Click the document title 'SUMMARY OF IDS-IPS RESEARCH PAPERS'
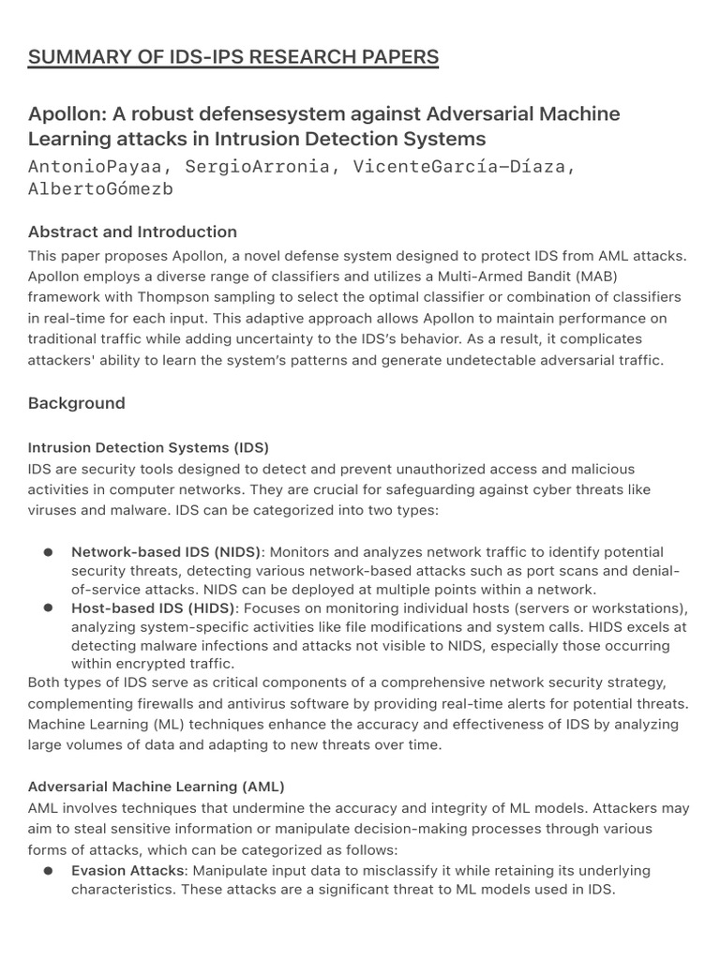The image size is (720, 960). click(x=233, y=57)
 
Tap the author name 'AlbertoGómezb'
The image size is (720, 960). click(x=100, y=189)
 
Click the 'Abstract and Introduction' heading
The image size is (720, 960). click(x=132, y=232)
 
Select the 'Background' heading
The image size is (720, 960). click(x=76, y=403)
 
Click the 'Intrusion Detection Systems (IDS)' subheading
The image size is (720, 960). click(x=148, y=447)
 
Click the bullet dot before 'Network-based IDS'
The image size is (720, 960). click(x=47, y=552)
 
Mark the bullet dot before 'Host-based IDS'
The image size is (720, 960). click(x=47, y=608)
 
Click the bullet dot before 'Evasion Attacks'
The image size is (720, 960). click(x=47, y=871)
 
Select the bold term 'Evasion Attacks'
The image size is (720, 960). click(x=127, y=871)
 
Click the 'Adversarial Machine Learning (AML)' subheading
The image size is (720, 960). click(x=156, y=785)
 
